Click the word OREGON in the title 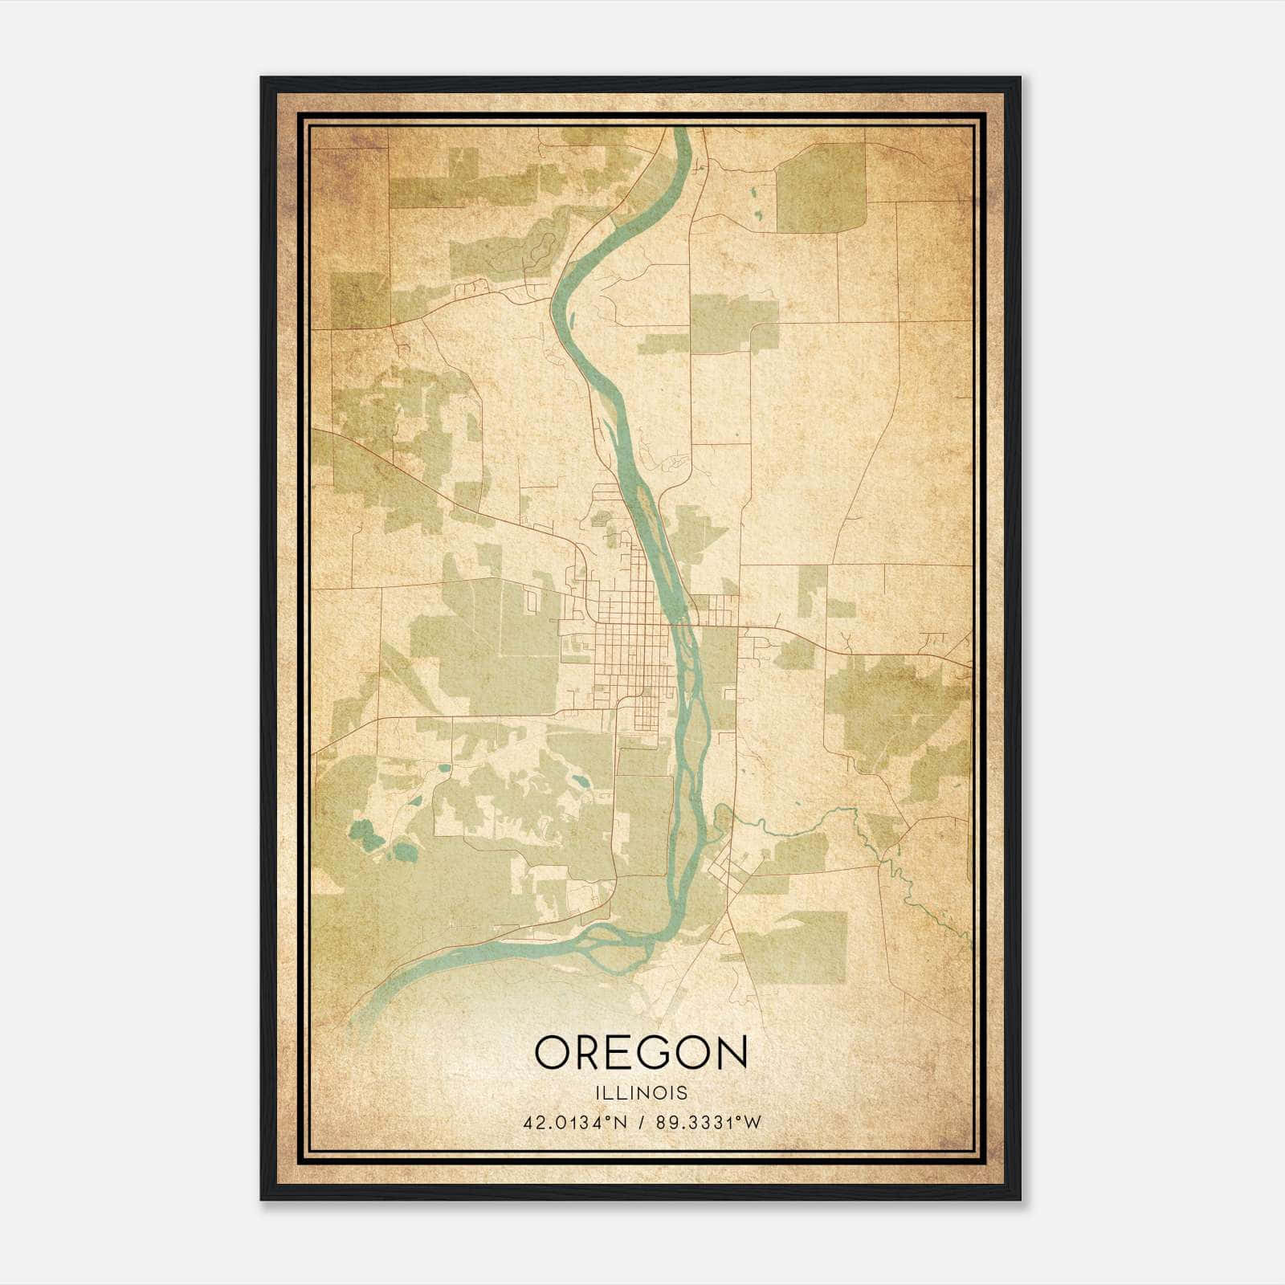641,1052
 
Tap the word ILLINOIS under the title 641,1093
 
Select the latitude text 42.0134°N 573,1123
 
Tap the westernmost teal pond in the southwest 365,834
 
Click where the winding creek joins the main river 712,819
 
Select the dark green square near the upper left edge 358,299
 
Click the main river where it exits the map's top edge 681,130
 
